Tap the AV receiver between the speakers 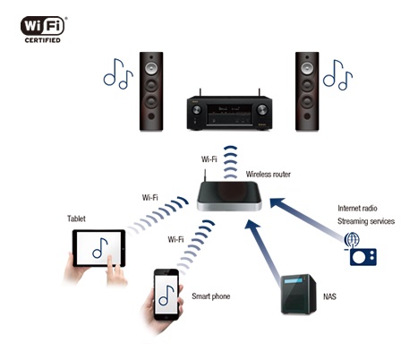229,111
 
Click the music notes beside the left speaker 117,73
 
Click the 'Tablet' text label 78,219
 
